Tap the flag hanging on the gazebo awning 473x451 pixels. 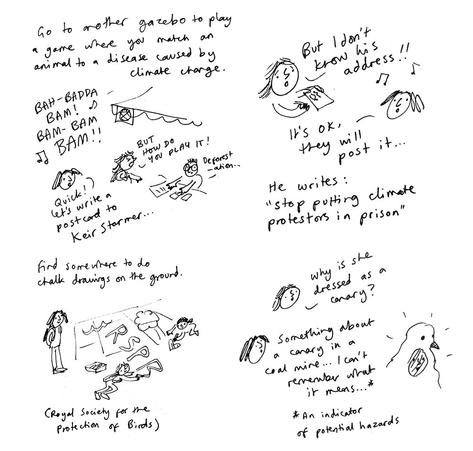click(x=124, y=114)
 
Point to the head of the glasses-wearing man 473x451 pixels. click(x=190, y=169)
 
